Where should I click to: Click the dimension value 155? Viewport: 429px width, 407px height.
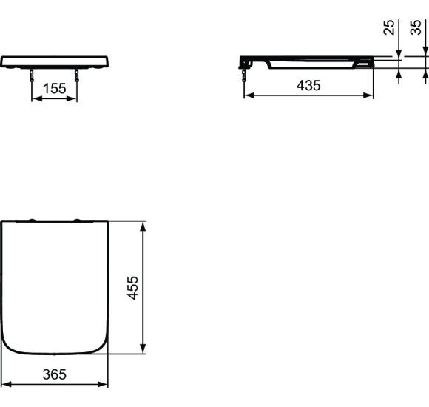click(54, 89)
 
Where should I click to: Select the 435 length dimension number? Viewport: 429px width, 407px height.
click(308, 86)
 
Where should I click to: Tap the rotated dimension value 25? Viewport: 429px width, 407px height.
click(389, 28)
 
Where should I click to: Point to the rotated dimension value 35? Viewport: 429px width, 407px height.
click(417, 27)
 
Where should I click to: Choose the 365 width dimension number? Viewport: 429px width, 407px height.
click(53, 374)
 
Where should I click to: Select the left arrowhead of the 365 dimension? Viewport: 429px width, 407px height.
click(4, 385)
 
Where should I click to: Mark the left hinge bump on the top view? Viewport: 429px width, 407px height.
click(32, 220)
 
